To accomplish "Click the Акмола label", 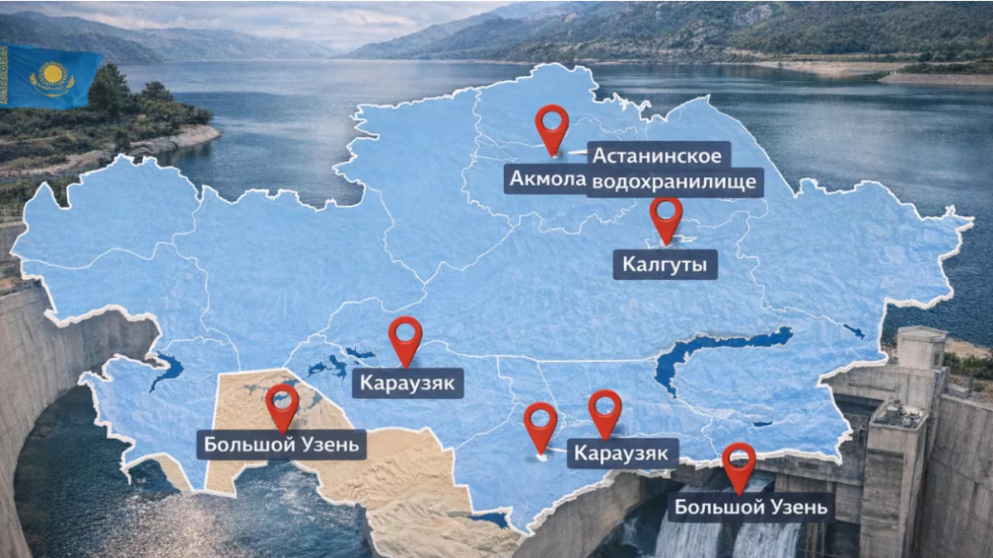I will pyautogui.click(x=545, y=179).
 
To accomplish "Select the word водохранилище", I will pyautogui.click(x=675, y=183).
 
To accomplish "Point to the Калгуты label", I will pyautogui.click(x=665, y=265).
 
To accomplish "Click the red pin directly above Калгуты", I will pyautogui.click(x=666, y=217).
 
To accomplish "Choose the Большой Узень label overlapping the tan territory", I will pyautogui.click(x=281, y=445).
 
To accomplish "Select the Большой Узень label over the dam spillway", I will pyautogui.click(x=751, y=507).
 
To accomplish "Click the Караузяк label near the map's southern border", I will pyautogui.click(x=622, y=454).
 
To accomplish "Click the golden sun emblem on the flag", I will pyautogui.click(x=52, y=76).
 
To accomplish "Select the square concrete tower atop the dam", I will pyautogui.click(x=921, y=347).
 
